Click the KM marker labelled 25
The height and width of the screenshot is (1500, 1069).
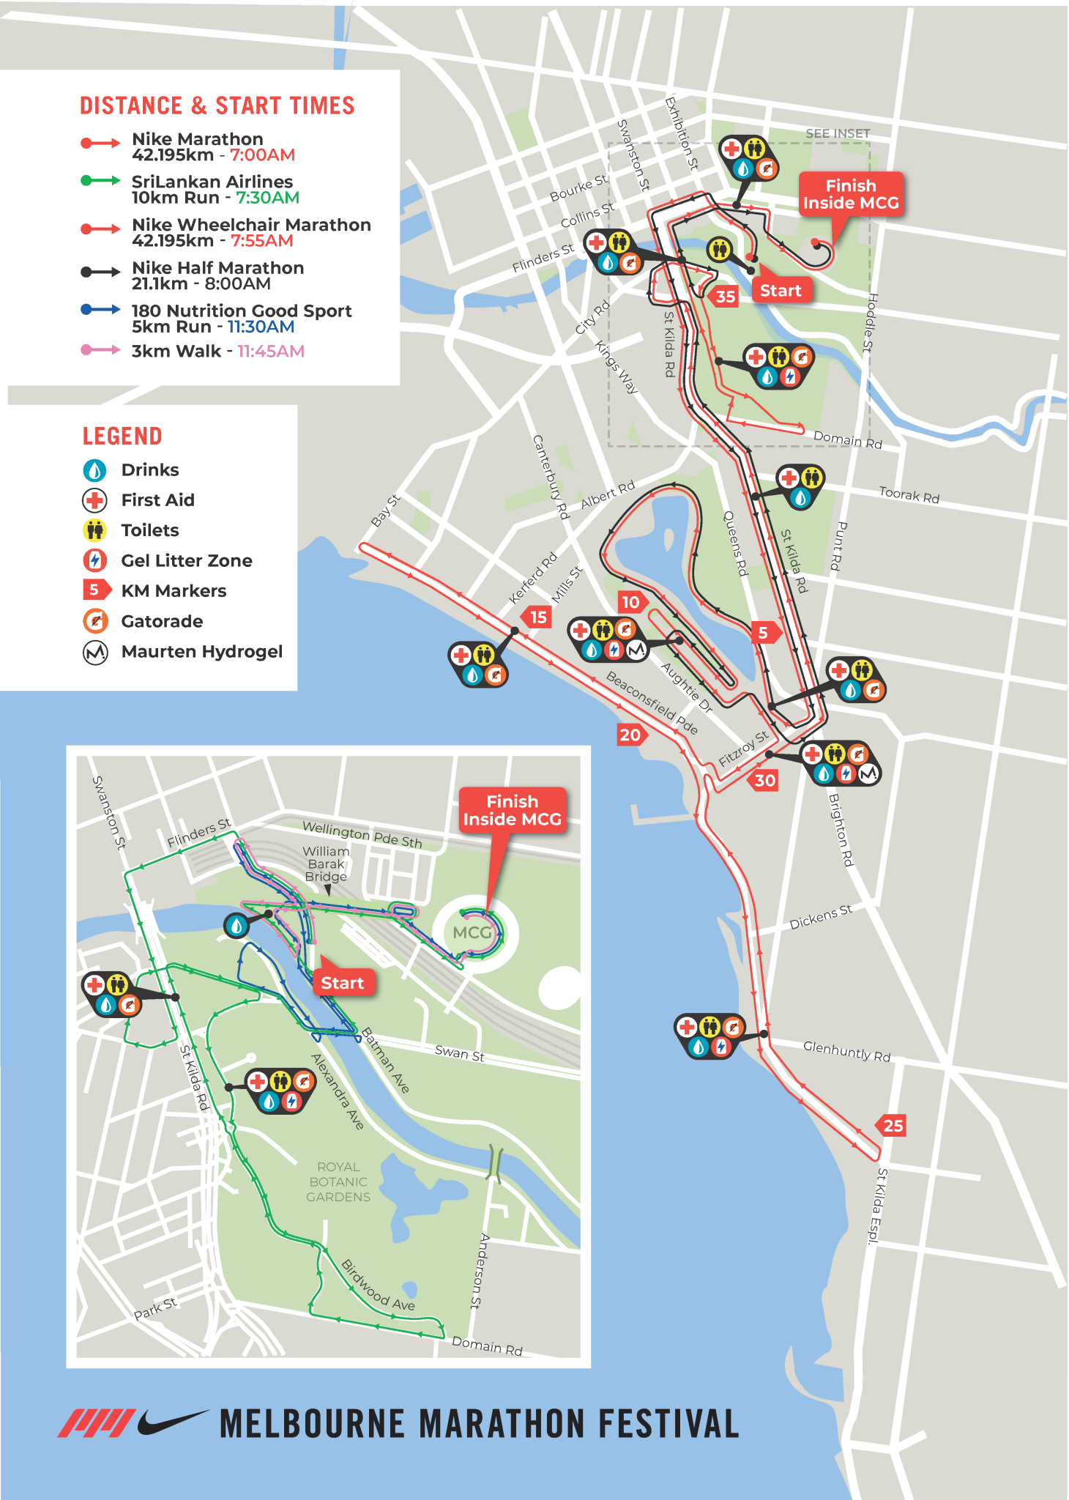[x=892, y=1126]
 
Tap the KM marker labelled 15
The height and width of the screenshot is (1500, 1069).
[x=537, y=617]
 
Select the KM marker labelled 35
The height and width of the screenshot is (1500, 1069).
[x=724, y=297]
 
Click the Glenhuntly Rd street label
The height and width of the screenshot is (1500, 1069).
[x=846, y=1051]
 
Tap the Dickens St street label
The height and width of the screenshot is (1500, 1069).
[x=820, y=917]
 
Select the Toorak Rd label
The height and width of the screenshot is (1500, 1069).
[x=909, y=495]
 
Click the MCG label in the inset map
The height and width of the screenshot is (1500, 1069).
[x=472, y=932]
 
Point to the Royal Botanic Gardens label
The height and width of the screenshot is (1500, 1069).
[x=338, y=1181]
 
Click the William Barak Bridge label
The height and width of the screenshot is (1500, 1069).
[x=327, y=864]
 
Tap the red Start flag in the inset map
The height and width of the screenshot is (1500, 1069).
[x=342, y=983]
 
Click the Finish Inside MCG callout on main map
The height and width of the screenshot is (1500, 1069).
[x=850, y=195]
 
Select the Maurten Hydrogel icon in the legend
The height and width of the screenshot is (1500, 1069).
[x=95, y=652]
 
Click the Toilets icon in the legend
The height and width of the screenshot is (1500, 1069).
[x=95, y=530]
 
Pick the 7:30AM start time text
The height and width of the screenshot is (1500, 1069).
[x=267, y=198]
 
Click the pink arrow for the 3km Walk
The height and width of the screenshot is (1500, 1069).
[x=100, y=350]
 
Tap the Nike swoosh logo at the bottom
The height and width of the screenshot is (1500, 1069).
[x=172, y=1422]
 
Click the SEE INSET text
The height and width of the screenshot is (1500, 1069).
[x=838, y=133]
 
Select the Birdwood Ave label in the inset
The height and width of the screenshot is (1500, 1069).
[x=379, y=1286]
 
